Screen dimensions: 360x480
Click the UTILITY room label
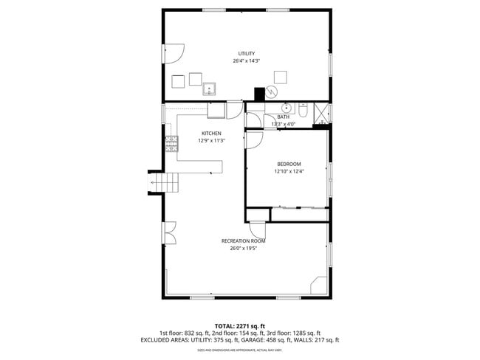click(x=246, y=53)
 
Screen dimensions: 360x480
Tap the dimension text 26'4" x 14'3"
click(x=246, y=60)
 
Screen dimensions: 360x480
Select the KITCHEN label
click(x=211, y=134)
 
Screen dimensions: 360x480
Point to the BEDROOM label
click(x=289, y=164)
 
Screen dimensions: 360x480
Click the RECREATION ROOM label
click(x=243, y=241)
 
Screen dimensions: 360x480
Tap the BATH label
click(x=284, y=117)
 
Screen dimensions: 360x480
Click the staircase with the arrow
click(x=165, y=181)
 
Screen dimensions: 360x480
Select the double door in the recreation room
click(x=170, y=235)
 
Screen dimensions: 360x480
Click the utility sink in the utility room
click(x=209, y=89)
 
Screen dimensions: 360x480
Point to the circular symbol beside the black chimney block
click(x=272, y=91)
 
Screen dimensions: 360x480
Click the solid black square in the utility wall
click(x=258, y=94)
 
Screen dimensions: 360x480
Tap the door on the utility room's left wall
click(x=172, y=54)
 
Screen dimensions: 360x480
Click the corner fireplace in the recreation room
click(x=318, y=285)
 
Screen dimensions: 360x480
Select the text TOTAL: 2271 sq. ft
click(x=239, y=325)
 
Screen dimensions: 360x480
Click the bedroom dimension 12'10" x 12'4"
click(x=289, y=171)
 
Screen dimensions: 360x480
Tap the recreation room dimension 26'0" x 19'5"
click(x=243, y=249)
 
